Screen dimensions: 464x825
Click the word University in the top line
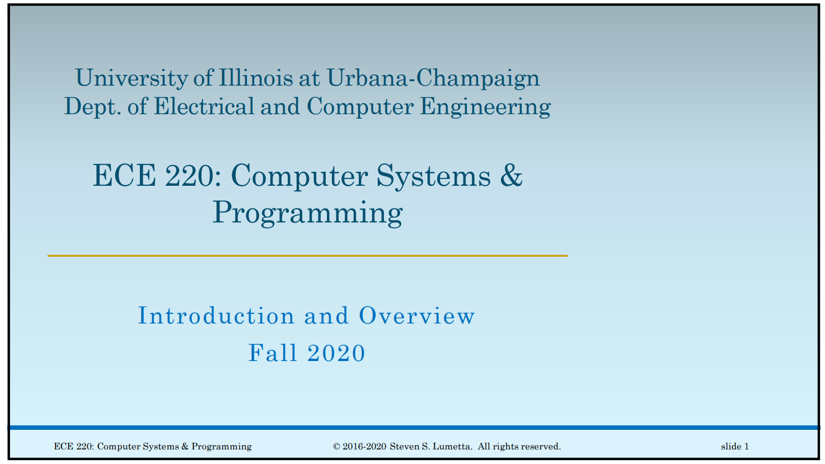(132, 78)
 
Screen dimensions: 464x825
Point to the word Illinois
(255, 78)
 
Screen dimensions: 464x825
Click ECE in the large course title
(124, 176)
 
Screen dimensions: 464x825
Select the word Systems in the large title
(433, 177)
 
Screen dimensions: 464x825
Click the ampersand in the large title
(511, 176)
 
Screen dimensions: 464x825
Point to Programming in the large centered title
(307, 214)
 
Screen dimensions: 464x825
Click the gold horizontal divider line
(307, 256)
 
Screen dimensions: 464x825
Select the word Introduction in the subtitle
(216, 316)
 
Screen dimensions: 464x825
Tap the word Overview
(417, 316)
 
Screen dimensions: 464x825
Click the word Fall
(272, 353)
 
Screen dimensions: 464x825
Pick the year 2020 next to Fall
(336, 353)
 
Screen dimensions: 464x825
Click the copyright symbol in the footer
(336, 447)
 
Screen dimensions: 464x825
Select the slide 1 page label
(735, 447)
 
